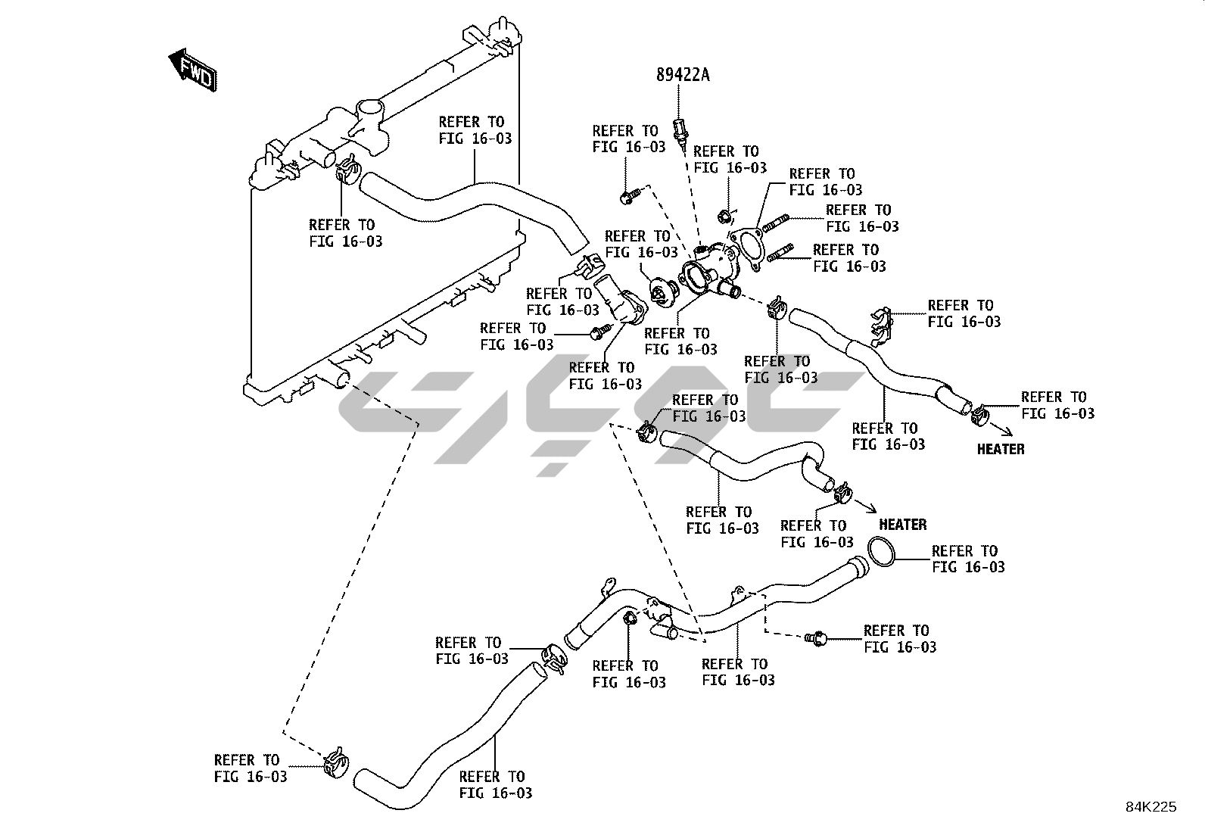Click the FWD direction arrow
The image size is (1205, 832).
(x=192, y=70)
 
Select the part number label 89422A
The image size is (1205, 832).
(x=683, y=75)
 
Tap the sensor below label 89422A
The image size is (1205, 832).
(x=680, y=131)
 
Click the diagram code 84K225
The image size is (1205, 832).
(x=1151, y=807)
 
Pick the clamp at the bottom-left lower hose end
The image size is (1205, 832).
(x=337, y=762)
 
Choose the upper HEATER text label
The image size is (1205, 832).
(x=1001, y=450)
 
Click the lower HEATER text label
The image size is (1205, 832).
(x=903, y=525)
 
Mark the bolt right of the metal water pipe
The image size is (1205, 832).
(x=816, y=638)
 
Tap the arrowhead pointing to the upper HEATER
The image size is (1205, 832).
(x=1007, y=432)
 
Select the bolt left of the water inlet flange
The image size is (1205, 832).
(x=600, y=332)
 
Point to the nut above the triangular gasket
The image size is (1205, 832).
(x=724, y=217)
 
